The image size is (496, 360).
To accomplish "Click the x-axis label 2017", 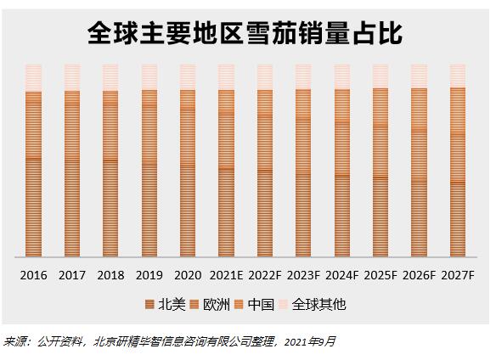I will click(72, 275).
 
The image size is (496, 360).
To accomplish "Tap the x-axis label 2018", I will click(110, 275).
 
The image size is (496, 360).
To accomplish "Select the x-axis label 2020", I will click(188, 275).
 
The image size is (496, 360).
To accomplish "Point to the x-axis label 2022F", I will click(264, 275).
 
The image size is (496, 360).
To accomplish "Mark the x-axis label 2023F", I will click(303, 275).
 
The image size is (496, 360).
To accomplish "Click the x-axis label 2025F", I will click(380, 275).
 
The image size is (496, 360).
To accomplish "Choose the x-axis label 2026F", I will click(419, 275).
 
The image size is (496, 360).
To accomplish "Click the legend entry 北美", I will click(166, 304).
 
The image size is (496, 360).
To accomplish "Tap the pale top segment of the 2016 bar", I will click(33, 77).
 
